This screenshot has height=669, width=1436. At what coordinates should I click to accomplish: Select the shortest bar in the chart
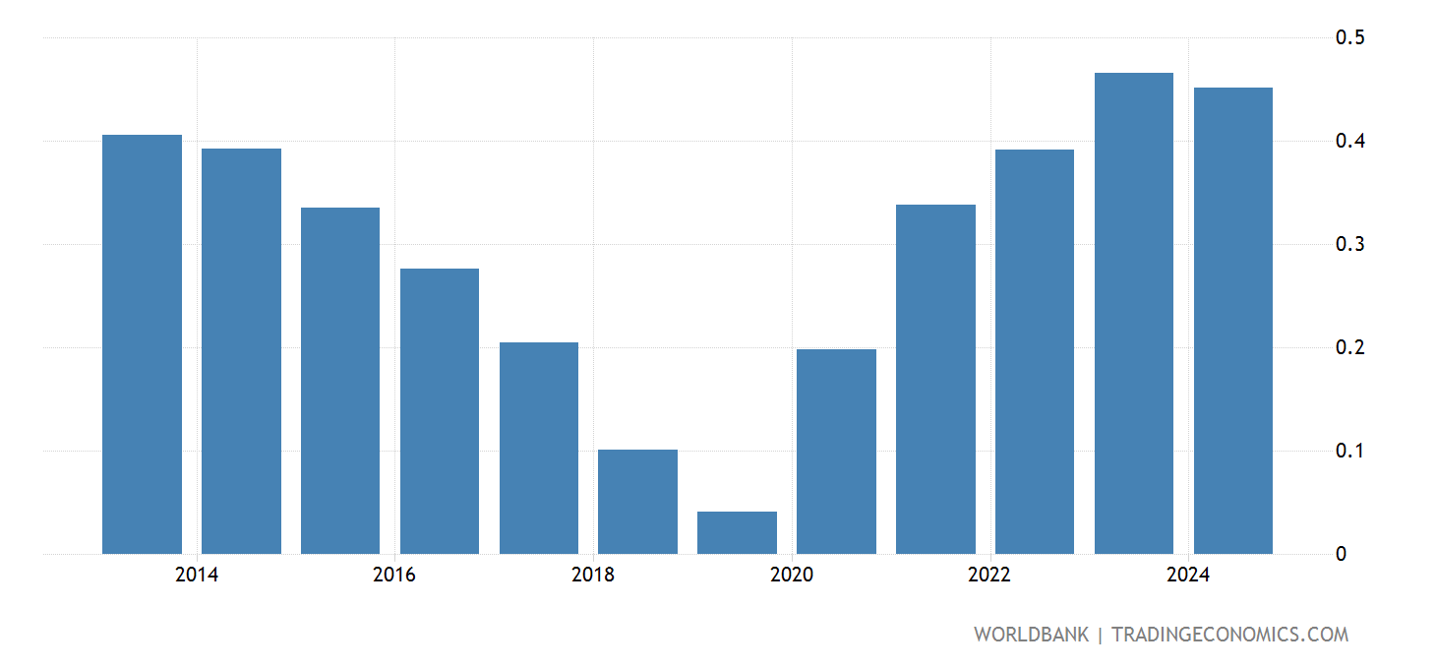click(x=737, y=532)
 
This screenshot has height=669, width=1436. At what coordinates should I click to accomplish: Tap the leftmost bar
click(x=142, y=344)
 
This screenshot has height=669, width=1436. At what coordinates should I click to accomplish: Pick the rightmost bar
click(x=1232, y=321)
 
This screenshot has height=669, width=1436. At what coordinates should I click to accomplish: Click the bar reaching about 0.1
click(x=637, y=502)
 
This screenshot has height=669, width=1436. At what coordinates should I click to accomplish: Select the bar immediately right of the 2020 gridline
click(x=836, y=452)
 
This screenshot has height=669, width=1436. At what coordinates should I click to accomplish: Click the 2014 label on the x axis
click(x=197, y=576)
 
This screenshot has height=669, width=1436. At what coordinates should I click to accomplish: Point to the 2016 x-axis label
click(x=394, y=576)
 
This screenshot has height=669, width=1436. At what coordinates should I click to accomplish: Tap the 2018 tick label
click(x=593, y=576)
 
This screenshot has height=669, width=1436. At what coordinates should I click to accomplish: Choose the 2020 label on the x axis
click(x=792, y=576)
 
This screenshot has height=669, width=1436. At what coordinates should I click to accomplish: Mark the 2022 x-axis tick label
click(x=989, y=576)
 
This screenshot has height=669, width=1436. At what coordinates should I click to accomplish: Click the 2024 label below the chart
click(x=1188, y=576)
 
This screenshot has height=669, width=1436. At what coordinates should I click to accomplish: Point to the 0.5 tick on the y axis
click(x=1348, y=37)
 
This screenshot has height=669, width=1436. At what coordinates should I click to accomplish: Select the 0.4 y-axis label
click(x=1348, y=141)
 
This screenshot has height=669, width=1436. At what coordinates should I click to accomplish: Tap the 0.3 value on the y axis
click(x=1348, y=244)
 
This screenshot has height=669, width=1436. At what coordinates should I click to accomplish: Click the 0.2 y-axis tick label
click(x=1348, y=347)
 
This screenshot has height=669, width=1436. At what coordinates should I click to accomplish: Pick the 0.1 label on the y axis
click(x=1348, y=451)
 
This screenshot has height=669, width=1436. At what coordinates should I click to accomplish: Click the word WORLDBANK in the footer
click(x=1031, y=635)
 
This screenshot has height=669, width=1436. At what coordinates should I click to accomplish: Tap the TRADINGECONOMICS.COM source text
click(x=1229, y=635)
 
